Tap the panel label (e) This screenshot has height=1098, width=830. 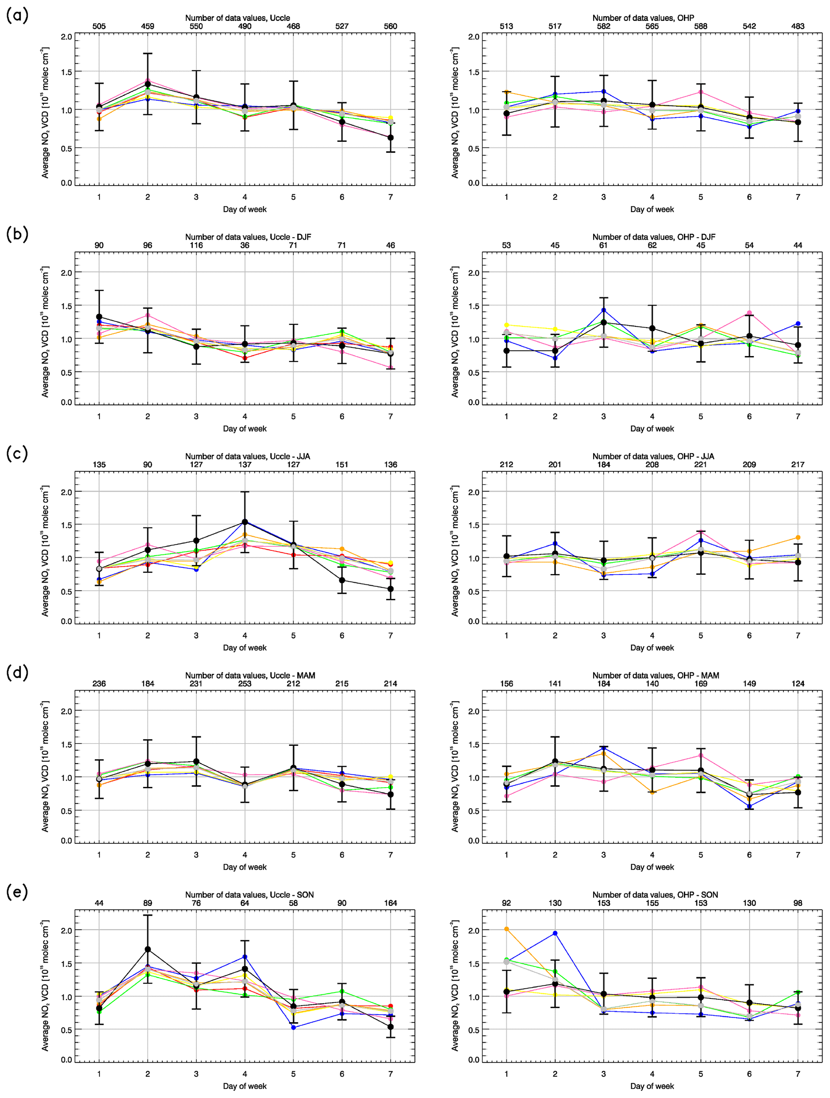point(17,892)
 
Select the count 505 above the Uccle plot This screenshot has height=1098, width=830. point(99,26)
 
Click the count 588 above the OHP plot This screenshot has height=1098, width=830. point(700,26)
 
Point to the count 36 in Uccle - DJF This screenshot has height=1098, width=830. point(245,245)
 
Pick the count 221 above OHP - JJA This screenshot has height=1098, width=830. point(700,464)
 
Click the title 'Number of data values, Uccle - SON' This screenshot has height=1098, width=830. point(249,894)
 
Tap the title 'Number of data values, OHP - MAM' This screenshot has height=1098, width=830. point(655,675)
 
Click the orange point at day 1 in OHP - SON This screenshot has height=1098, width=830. point(506,929)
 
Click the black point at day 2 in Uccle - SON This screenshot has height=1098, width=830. point(147,949)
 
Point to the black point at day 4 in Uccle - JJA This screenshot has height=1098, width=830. point(245,522)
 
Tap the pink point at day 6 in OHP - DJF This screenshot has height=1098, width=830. point(749,313)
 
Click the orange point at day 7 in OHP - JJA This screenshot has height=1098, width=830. point(798,538)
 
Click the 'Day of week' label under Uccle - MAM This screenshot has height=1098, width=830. point(245,867)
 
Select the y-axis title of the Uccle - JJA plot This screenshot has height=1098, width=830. point(45,550)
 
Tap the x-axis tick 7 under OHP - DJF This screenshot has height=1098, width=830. point(798,416)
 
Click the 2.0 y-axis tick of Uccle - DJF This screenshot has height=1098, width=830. point(67,273)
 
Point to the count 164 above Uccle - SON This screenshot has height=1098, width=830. point(391,903)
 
